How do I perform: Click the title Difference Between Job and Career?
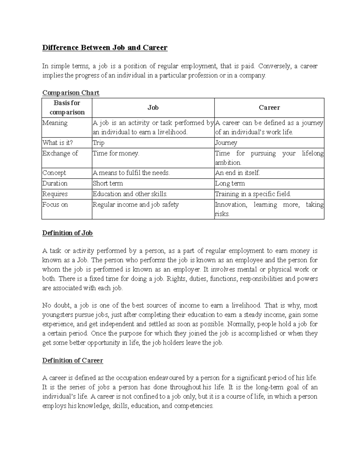(105, 47)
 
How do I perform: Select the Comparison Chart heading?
(71, 93)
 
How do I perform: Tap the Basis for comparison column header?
(67, 107)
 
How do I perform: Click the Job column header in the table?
(153, 107)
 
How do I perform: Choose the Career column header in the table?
(269, 107)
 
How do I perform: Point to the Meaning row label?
(55, 123)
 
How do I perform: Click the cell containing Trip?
(99, 143)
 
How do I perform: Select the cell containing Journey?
(226, 143)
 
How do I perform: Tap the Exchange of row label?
(60, 153)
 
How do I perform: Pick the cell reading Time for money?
(116, 153)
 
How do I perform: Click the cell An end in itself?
(238, 173)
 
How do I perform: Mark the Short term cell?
(108, 183)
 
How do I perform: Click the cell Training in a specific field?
(253, 194)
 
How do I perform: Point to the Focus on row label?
(55, 205)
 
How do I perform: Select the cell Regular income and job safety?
(136, 205)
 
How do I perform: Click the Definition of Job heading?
(67, 233)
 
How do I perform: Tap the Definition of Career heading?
(73, 360)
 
